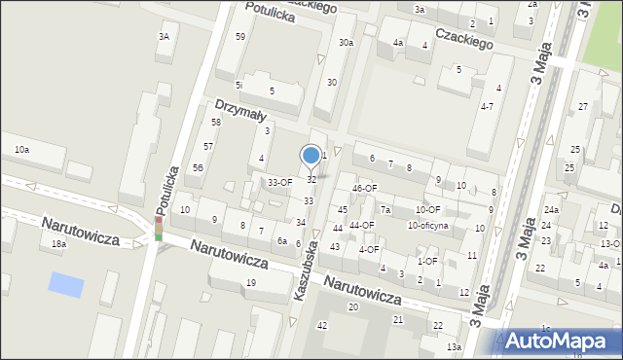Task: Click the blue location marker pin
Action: [311, 156]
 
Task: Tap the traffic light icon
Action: [158, 229]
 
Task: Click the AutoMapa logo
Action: [559, 341]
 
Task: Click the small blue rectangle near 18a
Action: [66, 285]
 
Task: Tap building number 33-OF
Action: [280, 182]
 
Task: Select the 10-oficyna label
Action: [427, 226]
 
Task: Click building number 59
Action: [240, 36]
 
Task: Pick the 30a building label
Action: [346, 43]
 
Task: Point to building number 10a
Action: [21, 149]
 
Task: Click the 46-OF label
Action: [365, 188]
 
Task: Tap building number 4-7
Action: [487, 106]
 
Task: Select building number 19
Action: [250, 282]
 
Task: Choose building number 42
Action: [322, 325]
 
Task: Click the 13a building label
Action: [454, 346]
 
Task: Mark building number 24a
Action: [552, 210]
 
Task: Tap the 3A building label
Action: [164, 36]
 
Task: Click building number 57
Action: [208, 146]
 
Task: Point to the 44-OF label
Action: [362, 225]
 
